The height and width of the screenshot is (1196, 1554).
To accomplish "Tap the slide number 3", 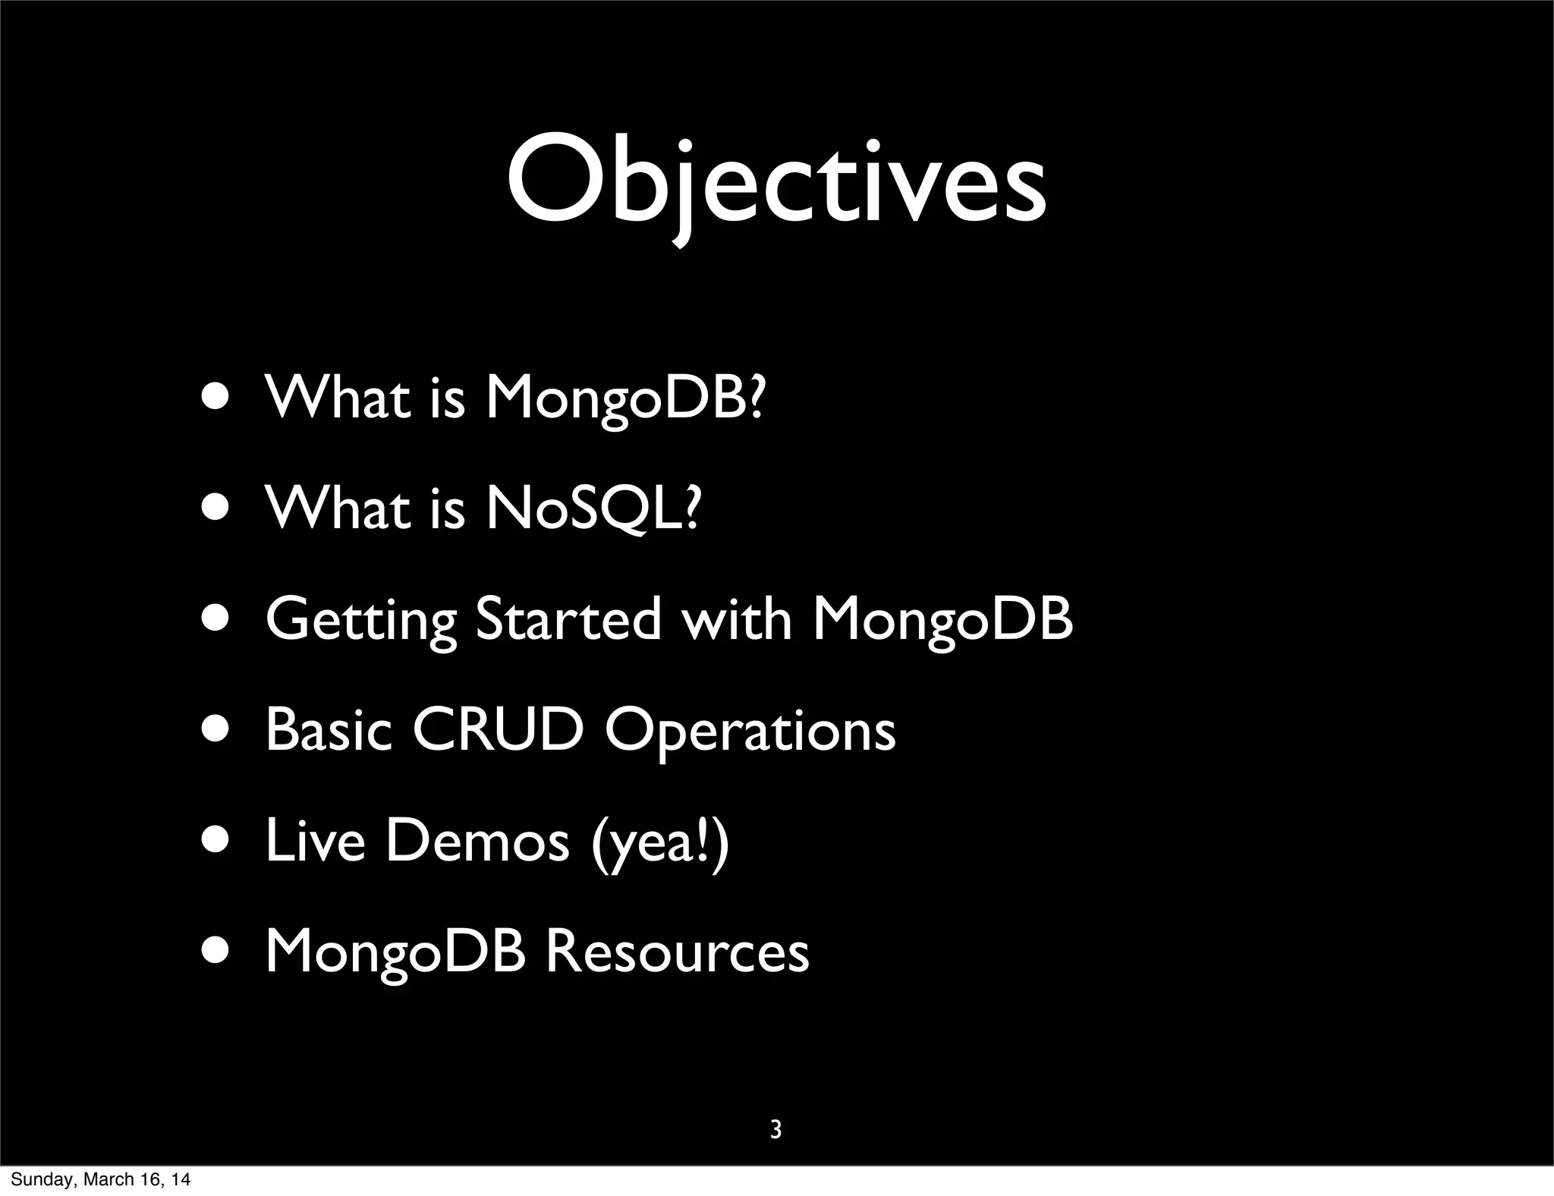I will [775, 1130].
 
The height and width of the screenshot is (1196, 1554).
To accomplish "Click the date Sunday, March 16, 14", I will [100, 1180].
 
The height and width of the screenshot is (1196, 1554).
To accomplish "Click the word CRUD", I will [499, 731].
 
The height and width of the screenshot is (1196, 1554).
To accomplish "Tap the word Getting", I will [361, 621].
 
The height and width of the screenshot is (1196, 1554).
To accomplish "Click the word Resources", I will [678, 952].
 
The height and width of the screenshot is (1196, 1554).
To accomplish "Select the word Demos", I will [477, 842].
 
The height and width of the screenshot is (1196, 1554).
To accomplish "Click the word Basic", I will [329, 731].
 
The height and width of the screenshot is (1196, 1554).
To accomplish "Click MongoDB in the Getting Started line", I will [942, 621].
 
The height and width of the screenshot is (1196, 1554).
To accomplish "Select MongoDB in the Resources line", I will [395, 952].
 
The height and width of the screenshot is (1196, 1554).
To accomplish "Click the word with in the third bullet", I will [736, 619].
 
